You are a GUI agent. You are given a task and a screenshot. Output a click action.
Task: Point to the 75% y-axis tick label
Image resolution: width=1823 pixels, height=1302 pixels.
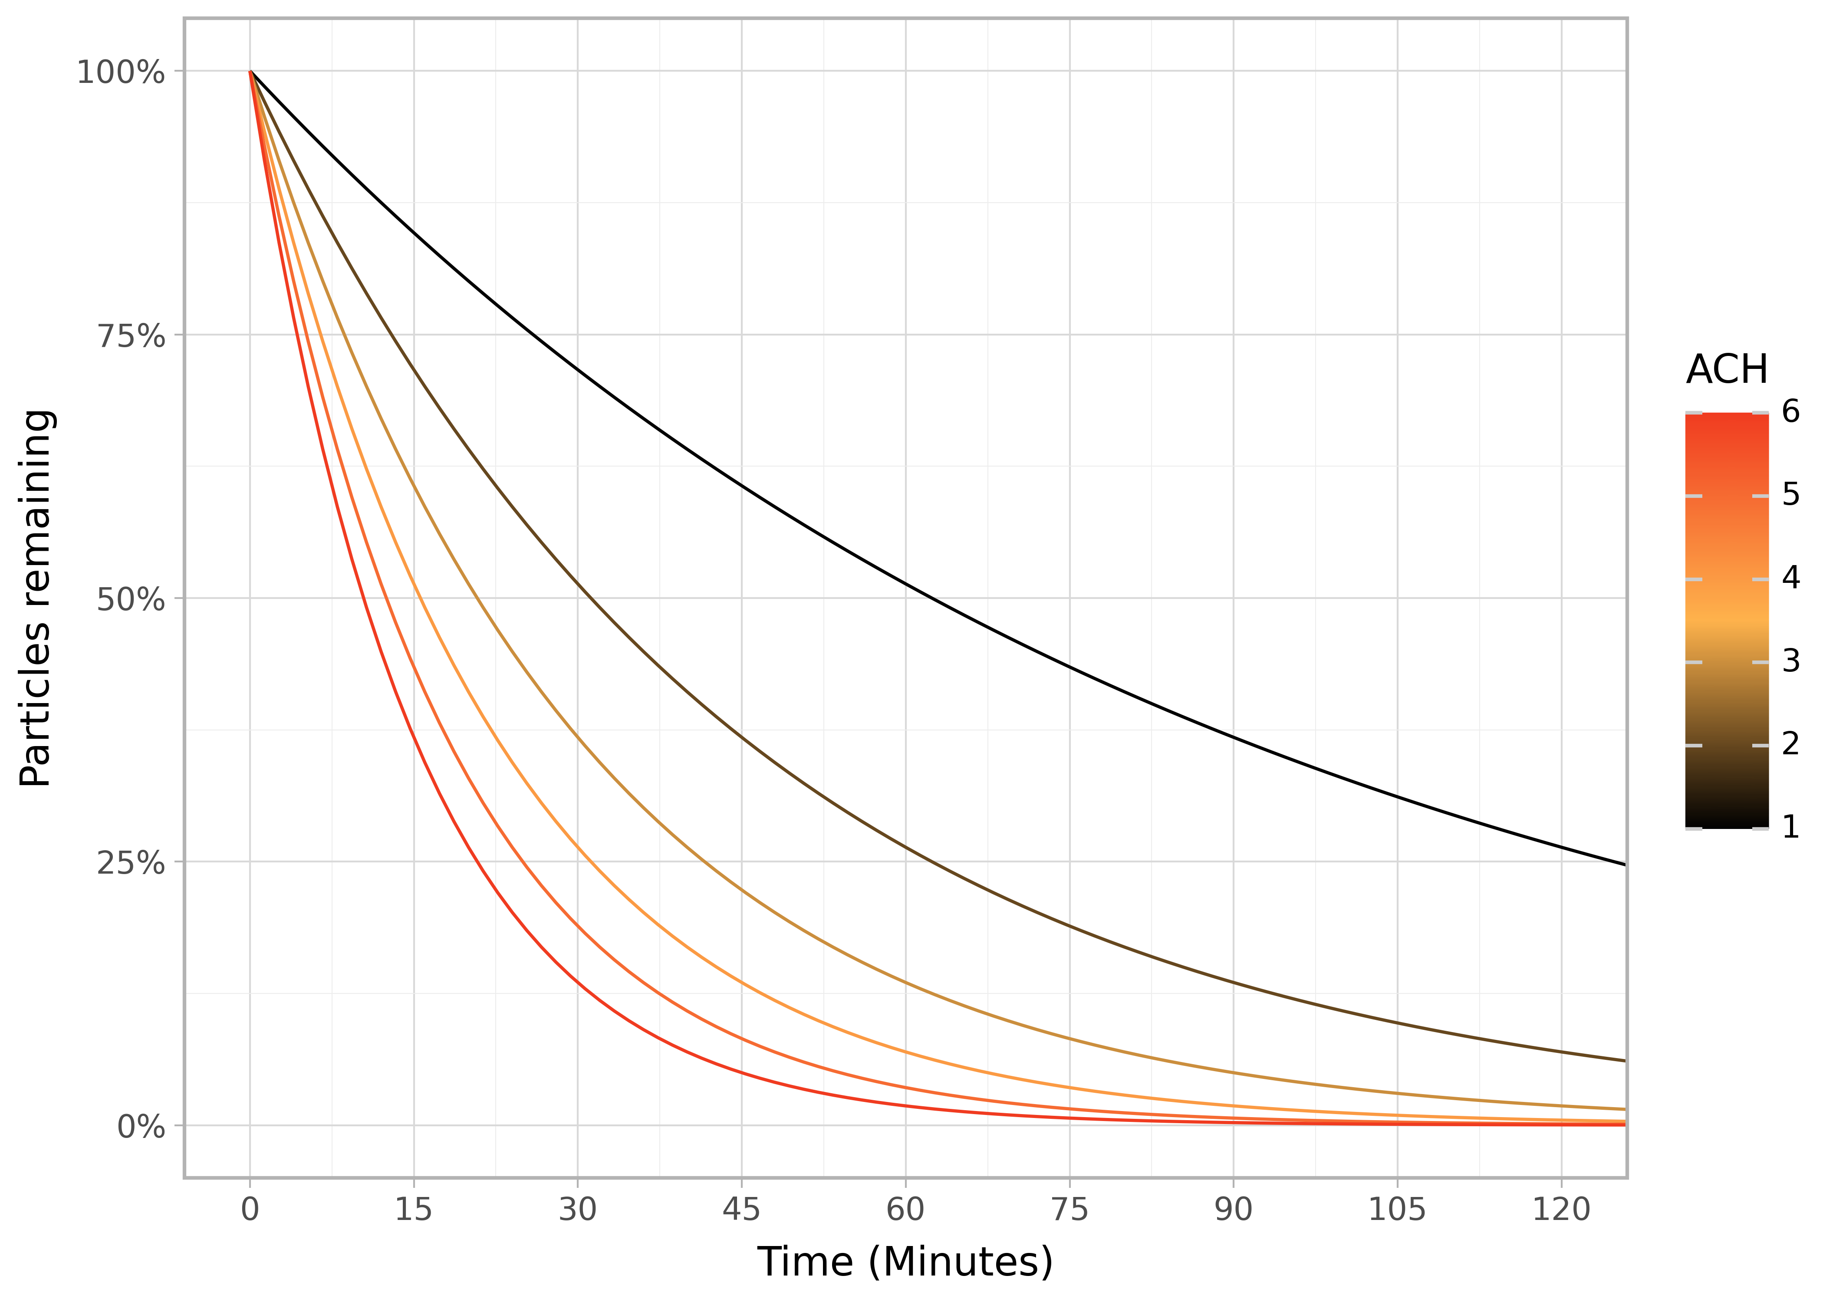tap(131, 337)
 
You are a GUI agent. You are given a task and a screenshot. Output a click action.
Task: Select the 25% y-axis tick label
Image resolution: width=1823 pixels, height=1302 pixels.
tap(131, 864)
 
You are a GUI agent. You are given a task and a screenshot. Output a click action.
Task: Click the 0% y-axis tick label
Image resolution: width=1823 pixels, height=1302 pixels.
tap(141, 1127)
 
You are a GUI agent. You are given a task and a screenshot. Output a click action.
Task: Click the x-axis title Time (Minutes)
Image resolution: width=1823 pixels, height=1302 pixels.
tap(905, 1262)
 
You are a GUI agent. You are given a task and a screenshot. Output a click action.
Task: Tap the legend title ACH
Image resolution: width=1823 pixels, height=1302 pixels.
tap(1727, 370)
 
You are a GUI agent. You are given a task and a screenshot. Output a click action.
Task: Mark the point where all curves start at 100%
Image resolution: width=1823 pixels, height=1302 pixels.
tap(250, 71)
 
